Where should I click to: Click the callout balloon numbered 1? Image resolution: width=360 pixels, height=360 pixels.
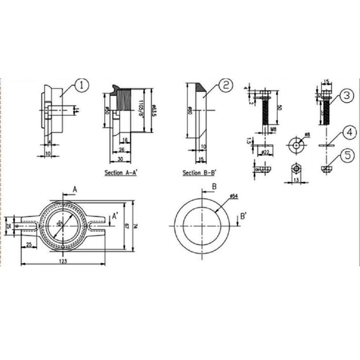[x=82, y=86]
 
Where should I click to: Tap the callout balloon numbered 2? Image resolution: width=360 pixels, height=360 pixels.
[x=225, y=86]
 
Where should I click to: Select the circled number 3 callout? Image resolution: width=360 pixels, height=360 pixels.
[x=345, y=95]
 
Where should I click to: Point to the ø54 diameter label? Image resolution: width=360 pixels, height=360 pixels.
[x=234, y=196]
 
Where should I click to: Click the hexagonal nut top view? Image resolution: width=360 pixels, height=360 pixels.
[x=296, y=168]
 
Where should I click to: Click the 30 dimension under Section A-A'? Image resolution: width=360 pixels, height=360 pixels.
[x=120, y=159]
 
